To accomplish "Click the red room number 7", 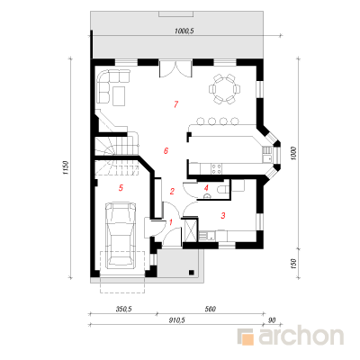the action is click(x=176, y=104).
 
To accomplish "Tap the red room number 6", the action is click(x=166, y=150).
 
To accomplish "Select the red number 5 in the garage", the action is click(x=121, y=188).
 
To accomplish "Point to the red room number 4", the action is click(x=206, y=188).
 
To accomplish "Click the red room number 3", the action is click(x=223, y=215).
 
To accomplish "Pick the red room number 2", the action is click(x=172, y=191).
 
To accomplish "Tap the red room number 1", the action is click(x=171, y=222).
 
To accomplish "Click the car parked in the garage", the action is click(x=121, y=234).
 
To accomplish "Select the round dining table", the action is click(x=225, y=89).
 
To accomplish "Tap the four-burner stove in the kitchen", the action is click(x=217, y=168).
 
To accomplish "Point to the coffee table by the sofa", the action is click(x=119, y=95).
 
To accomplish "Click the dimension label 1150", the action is click(x=66, y=168).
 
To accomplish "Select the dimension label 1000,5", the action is click(x=184, y=31).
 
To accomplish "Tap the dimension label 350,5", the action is click(x=124, y=309).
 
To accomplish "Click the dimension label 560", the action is click(x=210, y=309).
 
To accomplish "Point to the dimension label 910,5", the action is click(x=176, y=320).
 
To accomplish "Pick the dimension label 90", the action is click(x=272, y=320).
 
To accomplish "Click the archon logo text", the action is click(x=301, y=337).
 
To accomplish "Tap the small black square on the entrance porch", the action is click(x=191, y=273).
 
